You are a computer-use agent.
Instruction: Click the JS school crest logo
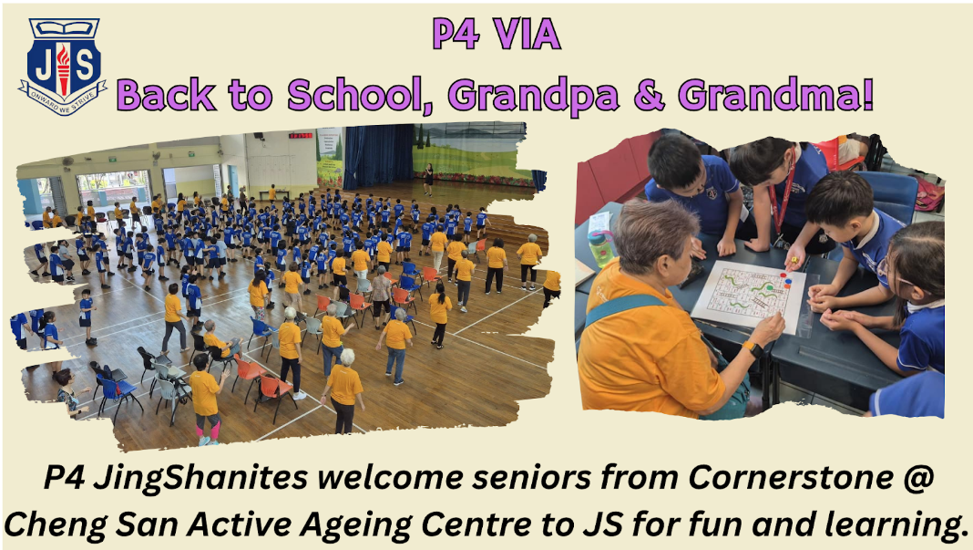pyautogui.click(x=63, y=67)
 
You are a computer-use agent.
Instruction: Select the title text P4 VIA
pyautogui.click(x=497, y=34)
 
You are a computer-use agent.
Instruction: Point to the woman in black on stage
pyautogui.click(x=428, y=179)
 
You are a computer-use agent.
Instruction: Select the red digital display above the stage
pyautogui.click(x=301, y=135)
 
